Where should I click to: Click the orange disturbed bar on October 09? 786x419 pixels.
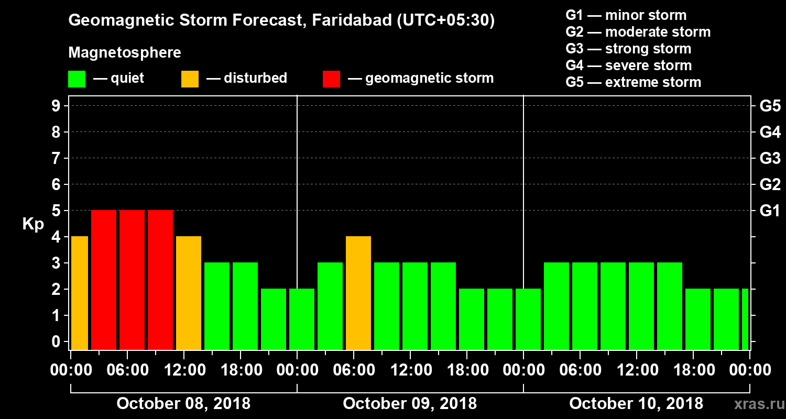pos(358,293)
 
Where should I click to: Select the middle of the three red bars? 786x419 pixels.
pos(132,280)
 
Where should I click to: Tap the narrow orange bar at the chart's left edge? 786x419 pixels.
pos(79,293)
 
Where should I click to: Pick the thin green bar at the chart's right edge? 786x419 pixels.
pos(745,319)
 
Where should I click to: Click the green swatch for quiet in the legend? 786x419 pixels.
pos(77,79)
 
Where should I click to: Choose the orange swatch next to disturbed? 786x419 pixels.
pos(190,79)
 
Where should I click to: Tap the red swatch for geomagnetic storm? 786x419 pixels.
pos(331,79)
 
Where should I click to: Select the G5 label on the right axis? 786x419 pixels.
pos(770,106)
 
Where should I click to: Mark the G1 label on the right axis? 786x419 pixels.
pos(770,211)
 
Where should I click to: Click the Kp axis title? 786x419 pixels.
pos(33,224)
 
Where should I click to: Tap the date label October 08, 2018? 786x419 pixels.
pos(183,404)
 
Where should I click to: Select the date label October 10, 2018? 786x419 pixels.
pos(636,404)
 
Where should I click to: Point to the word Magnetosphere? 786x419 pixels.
pos(125,53)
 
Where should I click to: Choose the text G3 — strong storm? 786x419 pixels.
pos(628,49)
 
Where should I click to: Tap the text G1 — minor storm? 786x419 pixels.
pos(626,15)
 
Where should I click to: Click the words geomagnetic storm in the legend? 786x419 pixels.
pos(429,79)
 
